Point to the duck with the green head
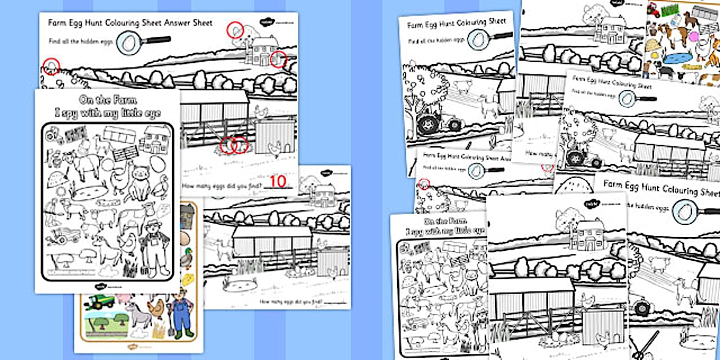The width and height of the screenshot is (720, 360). click(x=186, y=259)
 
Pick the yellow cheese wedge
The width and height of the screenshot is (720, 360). click(x=187, y=279)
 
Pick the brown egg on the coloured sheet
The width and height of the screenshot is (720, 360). click(x=185, y=238)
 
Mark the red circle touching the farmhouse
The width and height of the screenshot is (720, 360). click(x=278, y=58)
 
